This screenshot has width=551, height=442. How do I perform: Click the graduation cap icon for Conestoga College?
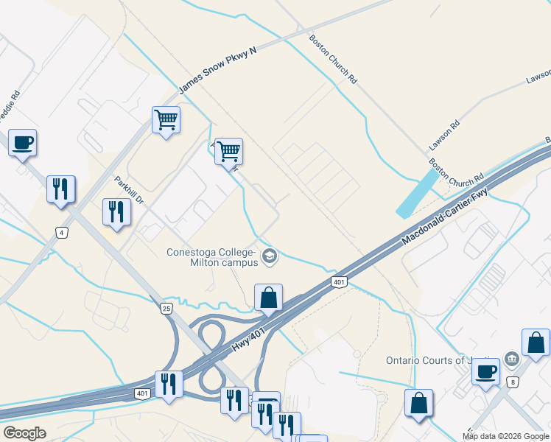coord(270,256)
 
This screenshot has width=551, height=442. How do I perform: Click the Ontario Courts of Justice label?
coord(438,360)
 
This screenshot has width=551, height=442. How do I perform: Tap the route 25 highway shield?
coord(167,309)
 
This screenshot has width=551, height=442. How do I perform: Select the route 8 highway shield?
coord(511,381)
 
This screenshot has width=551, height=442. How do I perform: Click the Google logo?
coord(24,433)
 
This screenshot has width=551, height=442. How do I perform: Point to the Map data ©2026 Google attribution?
coord(505,436)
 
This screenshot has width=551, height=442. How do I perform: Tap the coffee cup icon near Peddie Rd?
coord(22,142)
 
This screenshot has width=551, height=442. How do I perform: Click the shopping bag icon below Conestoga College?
coord(269,298)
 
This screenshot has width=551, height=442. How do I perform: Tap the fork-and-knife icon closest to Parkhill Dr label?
coord(116,212)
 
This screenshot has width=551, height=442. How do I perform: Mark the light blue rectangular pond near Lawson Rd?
coord(416,193)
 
